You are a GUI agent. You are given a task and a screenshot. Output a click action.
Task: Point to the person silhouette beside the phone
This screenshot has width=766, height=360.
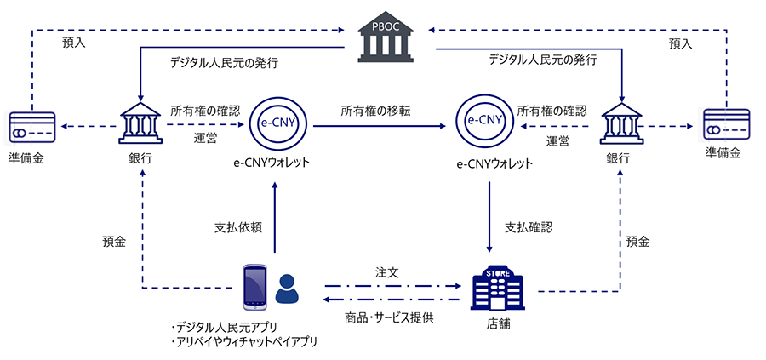pos(287,289)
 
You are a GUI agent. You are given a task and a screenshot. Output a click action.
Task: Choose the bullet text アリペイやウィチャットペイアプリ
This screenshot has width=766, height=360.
pos(243,342)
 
